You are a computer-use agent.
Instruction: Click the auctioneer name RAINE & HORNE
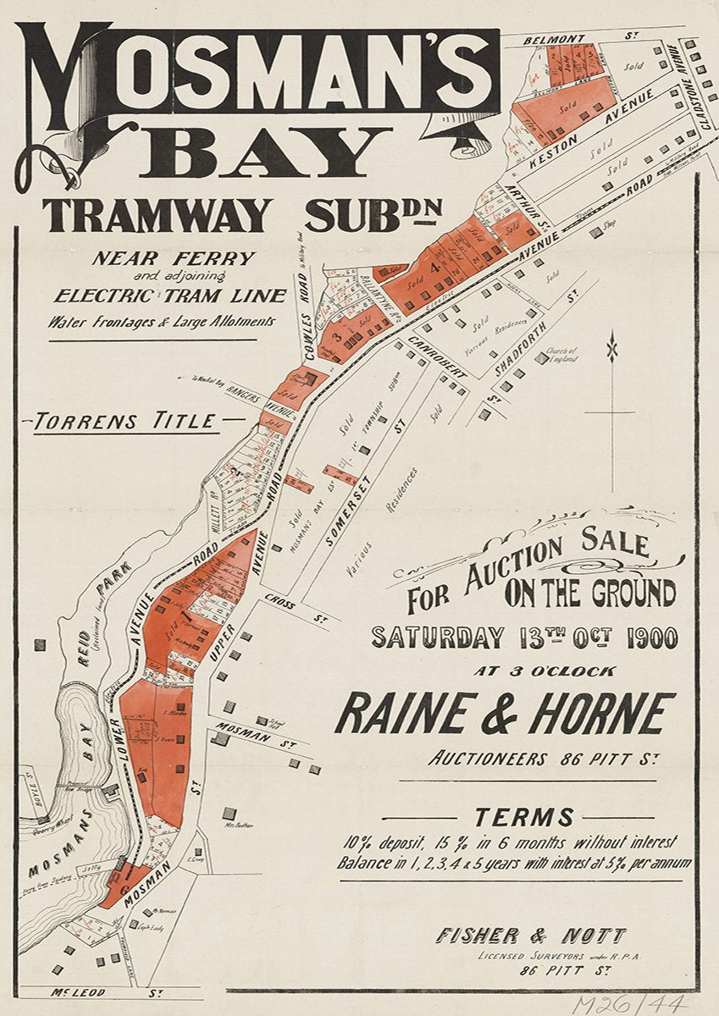point(505,714)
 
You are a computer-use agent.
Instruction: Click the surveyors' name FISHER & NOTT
point(531,936)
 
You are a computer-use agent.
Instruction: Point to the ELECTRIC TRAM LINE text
point(169,296)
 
